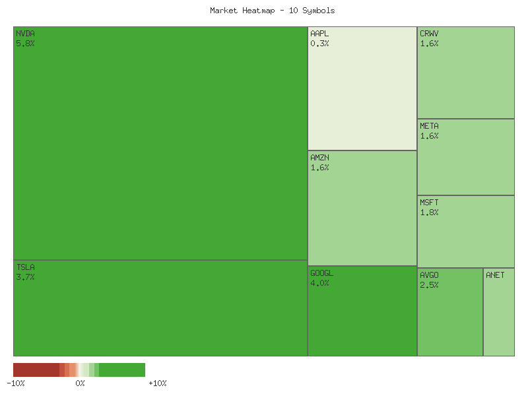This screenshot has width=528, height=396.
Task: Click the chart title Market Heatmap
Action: coord(273,11)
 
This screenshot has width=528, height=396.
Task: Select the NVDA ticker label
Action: coord(25,34)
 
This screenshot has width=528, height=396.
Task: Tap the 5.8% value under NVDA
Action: coord(25,44)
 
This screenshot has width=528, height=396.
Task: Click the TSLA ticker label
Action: coord(25,267)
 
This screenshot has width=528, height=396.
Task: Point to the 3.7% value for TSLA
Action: coord(25,277)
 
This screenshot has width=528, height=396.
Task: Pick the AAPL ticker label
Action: coord(319,34)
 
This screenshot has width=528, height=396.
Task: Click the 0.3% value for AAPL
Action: coord(319,44)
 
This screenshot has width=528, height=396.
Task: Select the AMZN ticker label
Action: coord(319,158)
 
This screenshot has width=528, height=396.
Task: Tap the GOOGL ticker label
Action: coord(321,273)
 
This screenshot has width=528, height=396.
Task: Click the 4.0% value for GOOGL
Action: coord(319,283)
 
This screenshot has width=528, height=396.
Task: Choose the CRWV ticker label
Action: coord(429,34)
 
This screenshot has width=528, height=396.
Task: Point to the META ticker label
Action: coord(429,126)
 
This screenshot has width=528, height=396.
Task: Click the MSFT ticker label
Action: coord(429,203)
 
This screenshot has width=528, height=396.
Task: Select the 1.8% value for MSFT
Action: coord(429,213)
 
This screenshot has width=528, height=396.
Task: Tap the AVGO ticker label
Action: coord(429,275)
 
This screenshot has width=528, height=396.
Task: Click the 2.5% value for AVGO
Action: coord(429,285)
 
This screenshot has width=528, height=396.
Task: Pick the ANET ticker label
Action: coord(495,275)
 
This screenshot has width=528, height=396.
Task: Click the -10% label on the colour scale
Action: coord(16,383)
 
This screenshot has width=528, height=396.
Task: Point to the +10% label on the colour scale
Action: coord(158,383)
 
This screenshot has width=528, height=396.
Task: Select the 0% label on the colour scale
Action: coord(80,383)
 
